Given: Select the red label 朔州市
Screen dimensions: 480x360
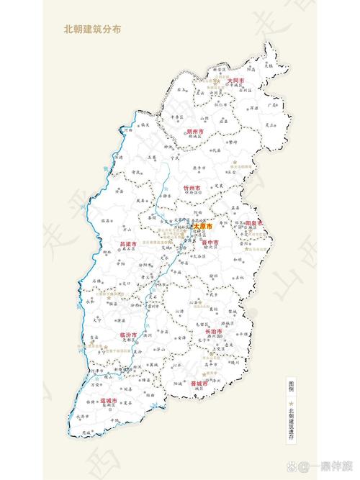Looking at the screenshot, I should [195, 132].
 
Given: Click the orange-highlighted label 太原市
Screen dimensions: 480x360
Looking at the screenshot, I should [203, 227].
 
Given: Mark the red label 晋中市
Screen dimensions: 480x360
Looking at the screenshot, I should [210, 243].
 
